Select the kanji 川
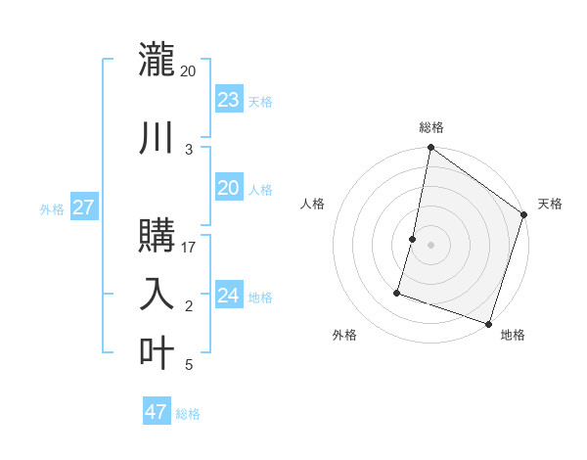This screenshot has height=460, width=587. tap(157, 137)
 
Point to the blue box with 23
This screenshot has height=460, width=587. tap(228, 100)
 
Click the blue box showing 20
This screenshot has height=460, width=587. tap(228, 188)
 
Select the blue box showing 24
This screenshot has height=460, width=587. tap(228, 296)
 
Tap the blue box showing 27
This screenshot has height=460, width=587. tap(83, 207)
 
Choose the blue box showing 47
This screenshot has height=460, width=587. tap(156, 412)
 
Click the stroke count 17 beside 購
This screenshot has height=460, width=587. tap(189, 248)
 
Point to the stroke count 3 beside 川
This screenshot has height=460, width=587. tap(189, 149)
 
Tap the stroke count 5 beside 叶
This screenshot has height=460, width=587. tap(189, 365)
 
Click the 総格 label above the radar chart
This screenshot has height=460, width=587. tap(431, 127)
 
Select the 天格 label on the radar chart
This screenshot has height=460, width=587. tap(550, 204)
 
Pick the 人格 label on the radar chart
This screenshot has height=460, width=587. tap(313, 204)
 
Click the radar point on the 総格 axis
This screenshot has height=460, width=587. tap(430, 149)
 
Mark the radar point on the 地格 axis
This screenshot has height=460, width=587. tap(488, 323)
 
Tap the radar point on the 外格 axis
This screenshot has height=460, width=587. tap(398, 292)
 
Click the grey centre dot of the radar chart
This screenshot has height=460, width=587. tap(430, 245)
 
